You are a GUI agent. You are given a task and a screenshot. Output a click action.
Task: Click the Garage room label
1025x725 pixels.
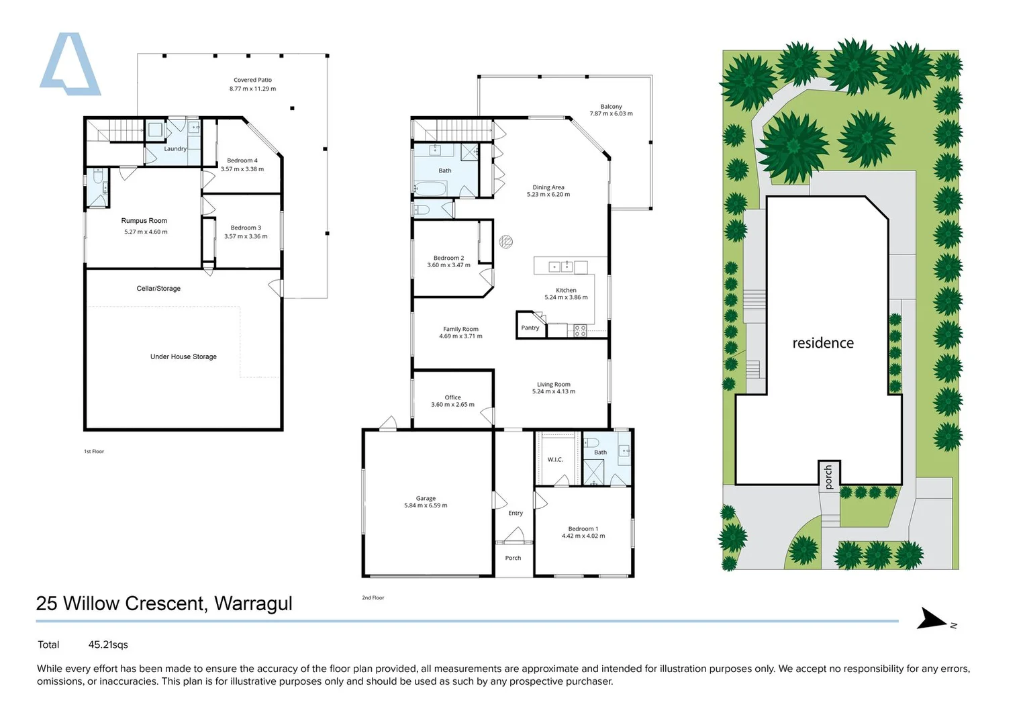[426, 498]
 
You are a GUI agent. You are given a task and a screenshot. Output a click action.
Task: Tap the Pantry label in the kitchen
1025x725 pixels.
[530, 328]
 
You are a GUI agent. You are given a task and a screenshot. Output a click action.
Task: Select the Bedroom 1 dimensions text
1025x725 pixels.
[583, 536]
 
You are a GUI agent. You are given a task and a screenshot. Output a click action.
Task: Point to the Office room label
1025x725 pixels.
[452, 397]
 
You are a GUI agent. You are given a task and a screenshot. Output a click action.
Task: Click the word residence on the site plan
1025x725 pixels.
[822, 343]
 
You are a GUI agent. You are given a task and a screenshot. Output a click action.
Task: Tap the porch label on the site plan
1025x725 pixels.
[829, 477]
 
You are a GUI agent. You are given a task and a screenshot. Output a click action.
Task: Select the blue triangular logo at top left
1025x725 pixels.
[69, 64]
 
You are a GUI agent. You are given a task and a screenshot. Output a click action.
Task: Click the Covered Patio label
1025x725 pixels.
[252, 80]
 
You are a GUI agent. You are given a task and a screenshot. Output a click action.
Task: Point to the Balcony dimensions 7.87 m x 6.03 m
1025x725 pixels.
[611, 114]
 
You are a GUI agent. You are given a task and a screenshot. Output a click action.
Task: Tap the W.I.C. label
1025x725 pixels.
[555, 460]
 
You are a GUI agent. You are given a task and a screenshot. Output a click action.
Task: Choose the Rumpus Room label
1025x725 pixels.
[144, 221]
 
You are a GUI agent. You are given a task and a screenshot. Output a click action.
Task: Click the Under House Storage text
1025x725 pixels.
[183, 357]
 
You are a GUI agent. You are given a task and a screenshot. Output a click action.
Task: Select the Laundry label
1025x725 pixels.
[175, 149]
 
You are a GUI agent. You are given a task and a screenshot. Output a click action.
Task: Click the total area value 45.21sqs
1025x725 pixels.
[108, 644]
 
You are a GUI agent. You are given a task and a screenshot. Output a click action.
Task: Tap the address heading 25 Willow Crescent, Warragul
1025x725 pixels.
[164, 603]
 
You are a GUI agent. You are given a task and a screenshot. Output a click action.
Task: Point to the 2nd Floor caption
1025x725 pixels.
[373, 597]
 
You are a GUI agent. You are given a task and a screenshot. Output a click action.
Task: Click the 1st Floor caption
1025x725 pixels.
[94, 451]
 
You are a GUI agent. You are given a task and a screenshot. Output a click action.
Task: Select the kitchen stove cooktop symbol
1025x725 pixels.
[580, 330]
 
